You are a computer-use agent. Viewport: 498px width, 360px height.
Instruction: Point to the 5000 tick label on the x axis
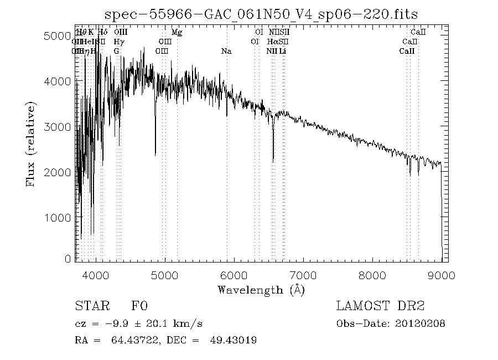165,275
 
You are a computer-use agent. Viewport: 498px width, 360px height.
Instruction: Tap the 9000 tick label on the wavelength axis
442,275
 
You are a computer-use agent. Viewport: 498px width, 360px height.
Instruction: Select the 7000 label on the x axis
303,275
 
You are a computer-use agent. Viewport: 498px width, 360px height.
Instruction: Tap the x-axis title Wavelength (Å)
261,290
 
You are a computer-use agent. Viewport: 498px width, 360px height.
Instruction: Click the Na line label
226,51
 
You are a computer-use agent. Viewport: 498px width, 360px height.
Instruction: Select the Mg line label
177,32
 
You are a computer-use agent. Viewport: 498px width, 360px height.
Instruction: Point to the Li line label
282,51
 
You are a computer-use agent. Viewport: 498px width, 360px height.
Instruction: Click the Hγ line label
118,42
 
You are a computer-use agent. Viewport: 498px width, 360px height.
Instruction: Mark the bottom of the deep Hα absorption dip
273,161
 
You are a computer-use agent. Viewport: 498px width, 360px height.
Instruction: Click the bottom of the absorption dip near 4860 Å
155,155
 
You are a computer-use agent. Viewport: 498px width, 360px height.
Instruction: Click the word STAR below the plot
89,306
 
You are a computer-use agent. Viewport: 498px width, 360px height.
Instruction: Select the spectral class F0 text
139,306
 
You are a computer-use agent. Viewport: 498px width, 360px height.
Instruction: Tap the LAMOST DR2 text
380,306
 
